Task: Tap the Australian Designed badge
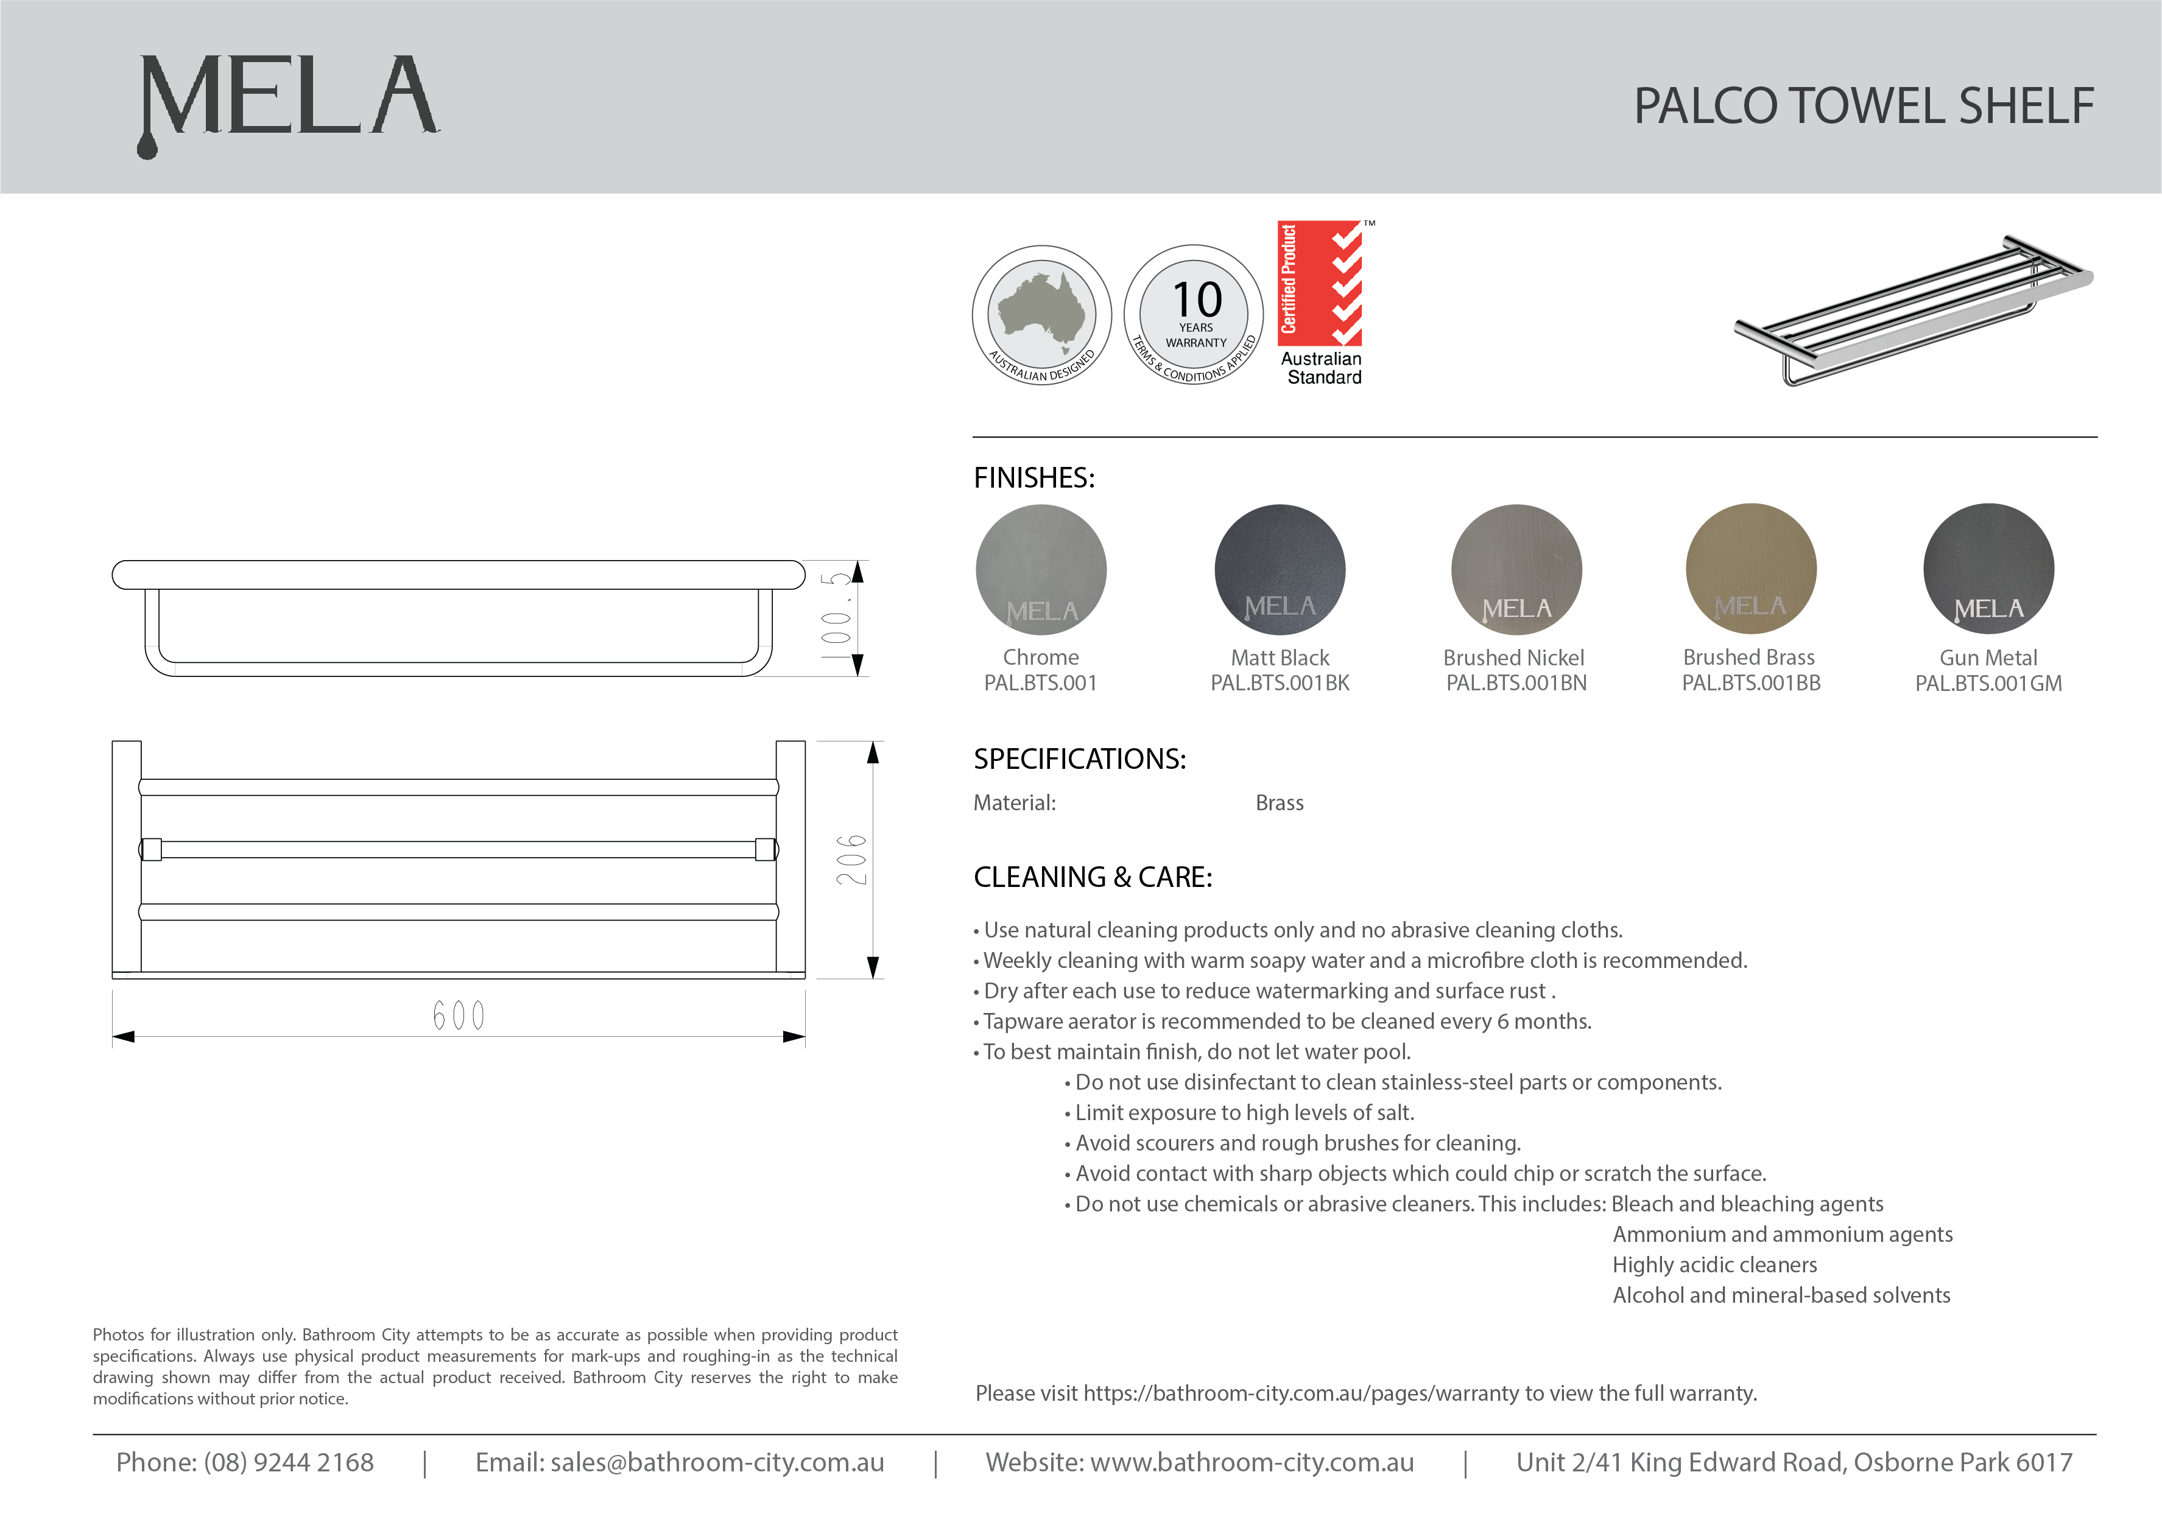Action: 1041,315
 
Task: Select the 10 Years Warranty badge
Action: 1194,315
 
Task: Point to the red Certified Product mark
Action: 1320,282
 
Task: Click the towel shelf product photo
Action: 1912,310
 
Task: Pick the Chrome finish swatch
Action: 1041,570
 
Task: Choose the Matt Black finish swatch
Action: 1280,570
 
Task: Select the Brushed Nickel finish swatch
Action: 1516,570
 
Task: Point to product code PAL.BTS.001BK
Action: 1280,684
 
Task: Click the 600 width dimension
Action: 459,1016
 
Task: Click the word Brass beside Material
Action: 1279,803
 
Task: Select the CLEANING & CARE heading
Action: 1093,877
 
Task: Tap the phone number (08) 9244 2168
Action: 288,1462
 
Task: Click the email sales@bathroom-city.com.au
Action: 717,1462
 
